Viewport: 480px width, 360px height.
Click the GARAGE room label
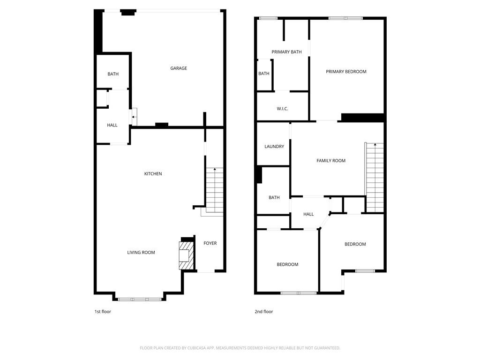click(179, 68)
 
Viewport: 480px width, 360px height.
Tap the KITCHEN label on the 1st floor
click(153, 174)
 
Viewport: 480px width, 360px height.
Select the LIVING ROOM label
click(141, 253)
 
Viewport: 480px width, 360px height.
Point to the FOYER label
click(210, 243)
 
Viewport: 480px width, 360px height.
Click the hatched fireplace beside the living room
click(186, 255)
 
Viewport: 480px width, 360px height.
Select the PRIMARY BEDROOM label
click(346, 72)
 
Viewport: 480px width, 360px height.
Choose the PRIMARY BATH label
click(286, 52)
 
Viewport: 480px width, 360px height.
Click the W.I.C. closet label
click(282, 109)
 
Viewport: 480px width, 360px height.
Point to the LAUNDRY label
click(274, 147)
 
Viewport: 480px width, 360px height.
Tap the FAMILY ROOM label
click(331, 161)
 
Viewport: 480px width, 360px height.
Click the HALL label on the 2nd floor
click(308, 214)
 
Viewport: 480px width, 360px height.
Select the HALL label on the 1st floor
click(112, 125)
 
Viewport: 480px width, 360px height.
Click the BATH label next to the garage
click(113, 74)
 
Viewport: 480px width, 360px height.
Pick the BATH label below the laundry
click(274, 198)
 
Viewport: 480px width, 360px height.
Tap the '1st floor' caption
click(103, 312)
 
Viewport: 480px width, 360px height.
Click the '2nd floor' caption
click(264, 312)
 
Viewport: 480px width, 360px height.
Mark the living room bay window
click(140, 299)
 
